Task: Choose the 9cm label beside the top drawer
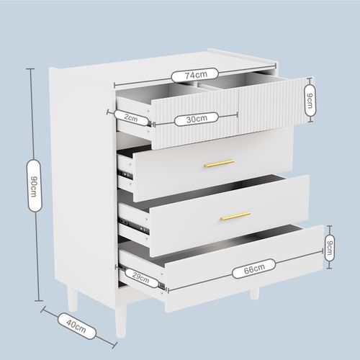tap(310, 100)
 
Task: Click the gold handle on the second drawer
tap(219, 163)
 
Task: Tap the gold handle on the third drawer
tap(235, 215)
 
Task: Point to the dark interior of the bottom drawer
tap(216, 241)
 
